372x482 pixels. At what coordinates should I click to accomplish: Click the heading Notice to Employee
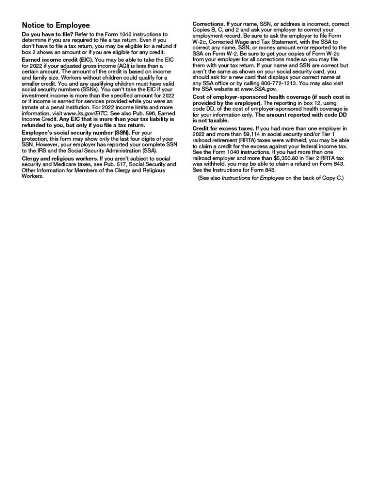pyautogui.click(x=56, y=25)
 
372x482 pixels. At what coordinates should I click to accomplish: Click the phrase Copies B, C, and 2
pyautogui.click(x=216, y=30)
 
